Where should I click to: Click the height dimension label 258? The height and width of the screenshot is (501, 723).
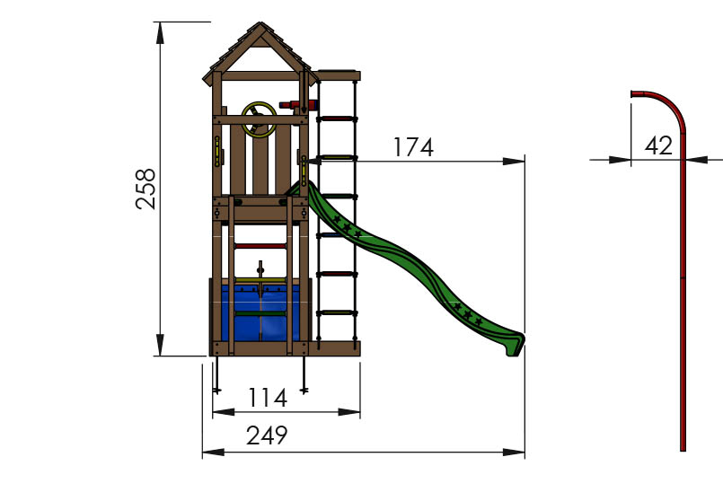tap(146, 188)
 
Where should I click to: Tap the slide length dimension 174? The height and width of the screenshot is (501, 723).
tap(412, 147)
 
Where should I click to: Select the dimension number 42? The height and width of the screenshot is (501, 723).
tap(658, 145)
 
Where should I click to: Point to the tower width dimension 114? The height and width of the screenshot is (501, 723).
tap(267, 397)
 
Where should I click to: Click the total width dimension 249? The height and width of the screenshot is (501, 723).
tap(267, 435)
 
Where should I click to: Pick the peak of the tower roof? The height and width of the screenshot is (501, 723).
tap(260, 26)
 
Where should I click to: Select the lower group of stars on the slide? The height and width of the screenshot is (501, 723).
tap(468, 313)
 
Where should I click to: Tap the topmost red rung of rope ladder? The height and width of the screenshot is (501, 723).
tap(337, 117)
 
